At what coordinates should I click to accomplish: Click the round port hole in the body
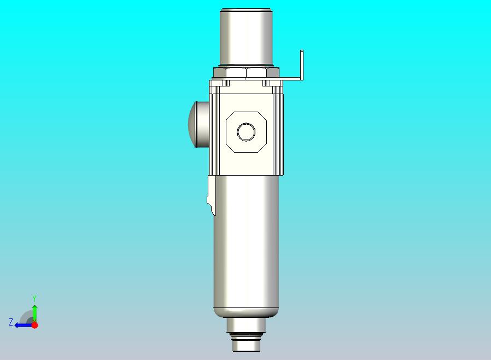pyautogui.click(x=246, y=132)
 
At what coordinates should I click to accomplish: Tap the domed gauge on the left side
pyautogui.click(x=195, y=124)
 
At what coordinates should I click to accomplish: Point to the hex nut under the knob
pyautogui.click(x=246, y=73)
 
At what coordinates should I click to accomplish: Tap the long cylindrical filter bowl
pyautogui.click(x=246, y=241)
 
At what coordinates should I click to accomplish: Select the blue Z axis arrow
pyautogui.click(x=22, y=325)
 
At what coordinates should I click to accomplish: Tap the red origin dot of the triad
pyautogui.click(x=34, y=325)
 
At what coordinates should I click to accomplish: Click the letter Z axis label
pyautogui.click(x=10, y=322)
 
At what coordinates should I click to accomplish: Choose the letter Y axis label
pyautogui.click(x=34, y=298)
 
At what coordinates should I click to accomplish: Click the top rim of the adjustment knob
pyautogui.click(x=246, y=10)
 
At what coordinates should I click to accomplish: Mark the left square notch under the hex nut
pyautogui.click(x=225, y=84)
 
